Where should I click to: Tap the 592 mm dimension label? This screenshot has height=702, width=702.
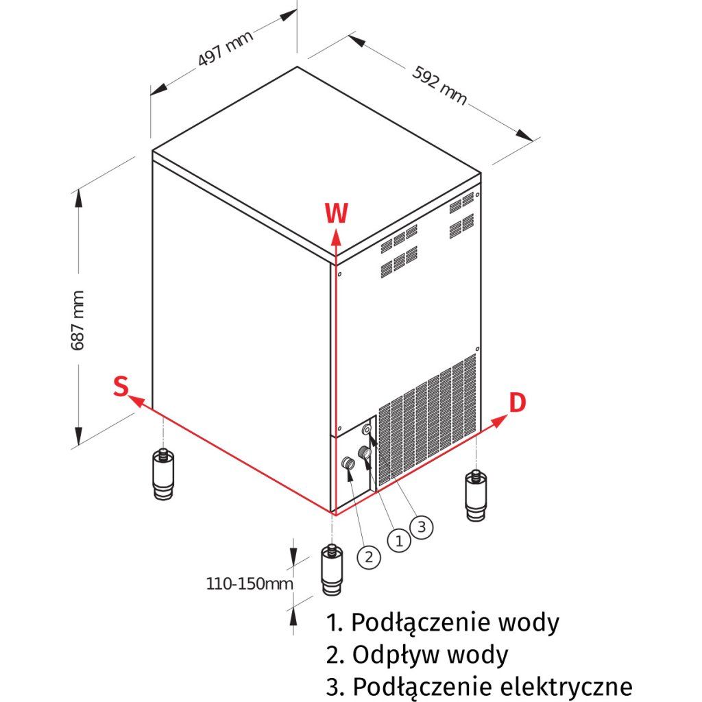(440, 85)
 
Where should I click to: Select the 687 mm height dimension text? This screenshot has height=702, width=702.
(78, 320)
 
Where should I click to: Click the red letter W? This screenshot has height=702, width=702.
(336, 214)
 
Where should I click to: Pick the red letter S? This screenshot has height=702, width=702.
(121, 387)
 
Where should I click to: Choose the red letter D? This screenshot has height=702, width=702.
(517, 403)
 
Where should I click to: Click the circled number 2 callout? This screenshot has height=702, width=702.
(368, 557)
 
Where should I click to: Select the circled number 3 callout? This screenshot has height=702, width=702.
(421, 526)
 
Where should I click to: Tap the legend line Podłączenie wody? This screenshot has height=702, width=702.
(443, 622)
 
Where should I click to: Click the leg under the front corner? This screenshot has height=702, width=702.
(332, 571)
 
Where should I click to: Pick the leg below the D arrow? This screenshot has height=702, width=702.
(475, 495)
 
